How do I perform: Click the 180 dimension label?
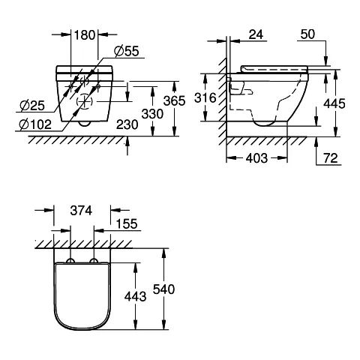(85, 35)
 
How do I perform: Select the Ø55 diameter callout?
(127, 51)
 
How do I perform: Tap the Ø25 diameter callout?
(32, 106)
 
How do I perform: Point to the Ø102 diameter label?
(35, 124)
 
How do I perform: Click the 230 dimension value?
(127, 124)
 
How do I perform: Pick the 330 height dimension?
(152, 114)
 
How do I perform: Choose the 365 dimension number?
(175, 101)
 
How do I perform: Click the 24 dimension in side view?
(256, 34)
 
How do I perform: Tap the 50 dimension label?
(307, 34)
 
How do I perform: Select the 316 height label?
(205, 97)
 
